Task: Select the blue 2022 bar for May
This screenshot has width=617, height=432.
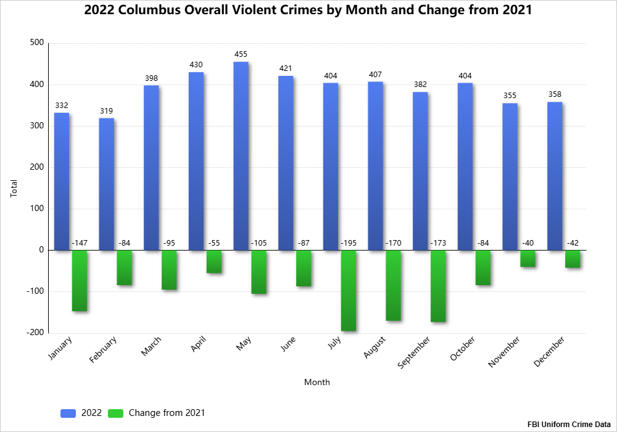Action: click(x=241, y=156)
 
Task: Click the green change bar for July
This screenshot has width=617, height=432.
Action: click(x=349, y=290)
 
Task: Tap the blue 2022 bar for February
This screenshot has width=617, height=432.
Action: click(x=107, y=184)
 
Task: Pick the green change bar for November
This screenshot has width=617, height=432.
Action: click(x=528, y=259)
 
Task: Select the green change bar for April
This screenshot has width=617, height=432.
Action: click(x=214, y=262)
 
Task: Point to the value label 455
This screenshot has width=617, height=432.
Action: click(x=241, y=54)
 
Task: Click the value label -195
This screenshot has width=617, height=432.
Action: click(x=349, y=243)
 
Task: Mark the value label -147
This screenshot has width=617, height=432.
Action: click(x=80, y=243)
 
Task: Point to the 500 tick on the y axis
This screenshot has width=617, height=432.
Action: click(x=36, y=43)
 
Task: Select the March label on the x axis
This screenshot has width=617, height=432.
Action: click(x=151, y=347)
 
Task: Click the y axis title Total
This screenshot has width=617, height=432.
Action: click(x=14, y=188)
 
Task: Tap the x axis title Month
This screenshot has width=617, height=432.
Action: click(x=317, y=382)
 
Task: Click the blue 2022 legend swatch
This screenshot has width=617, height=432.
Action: click(x=68, y=413)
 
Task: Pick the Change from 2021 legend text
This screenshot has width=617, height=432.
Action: click(x=167, y=413)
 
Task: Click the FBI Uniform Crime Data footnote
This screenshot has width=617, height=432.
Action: click(x=569, y=425)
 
